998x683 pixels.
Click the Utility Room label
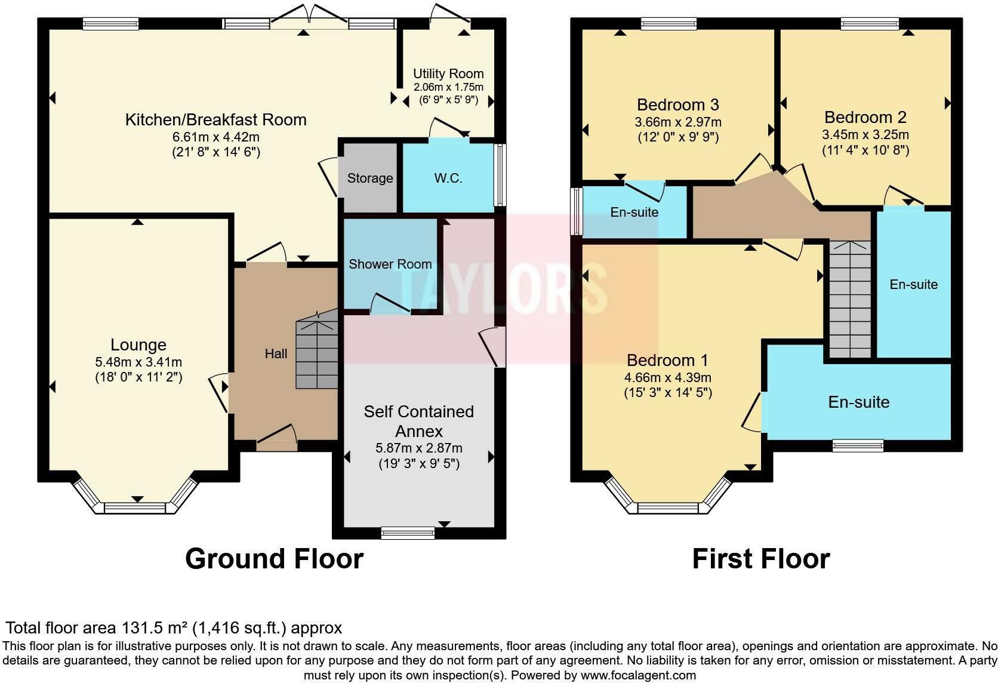[448, 73]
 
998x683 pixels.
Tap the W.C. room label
[448, 178]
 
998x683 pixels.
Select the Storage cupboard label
[370, 178]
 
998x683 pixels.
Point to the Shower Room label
[390, 264]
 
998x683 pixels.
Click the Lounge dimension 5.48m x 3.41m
[138, 362]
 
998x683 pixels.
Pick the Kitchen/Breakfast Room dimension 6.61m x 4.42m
[216, 137]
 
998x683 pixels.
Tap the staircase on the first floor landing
[849, 299]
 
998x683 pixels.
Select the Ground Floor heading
[275, 559]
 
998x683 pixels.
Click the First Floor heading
[761, 559]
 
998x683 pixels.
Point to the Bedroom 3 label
[678, 104]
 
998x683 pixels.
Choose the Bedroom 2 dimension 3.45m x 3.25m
[865, 134]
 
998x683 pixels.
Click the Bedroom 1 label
[667, 360]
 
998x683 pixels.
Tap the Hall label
[276, 354]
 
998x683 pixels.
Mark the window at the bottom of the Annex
[408, 533]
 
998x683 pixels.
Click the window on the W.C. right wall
[500, 175]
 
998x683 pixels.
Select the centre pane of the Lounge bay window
[135, 508]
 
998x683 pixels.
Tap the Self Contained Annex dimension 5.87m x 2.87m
[419, 448]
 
